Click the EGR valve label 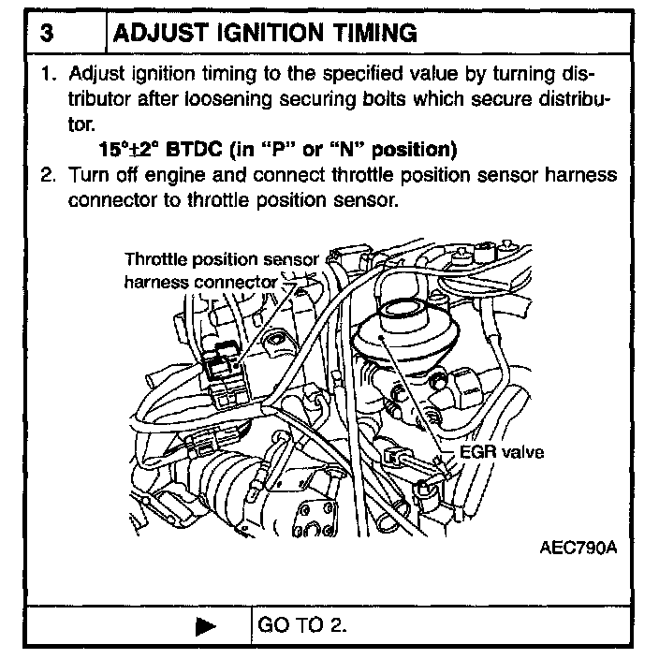click(x=504, y=452)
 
